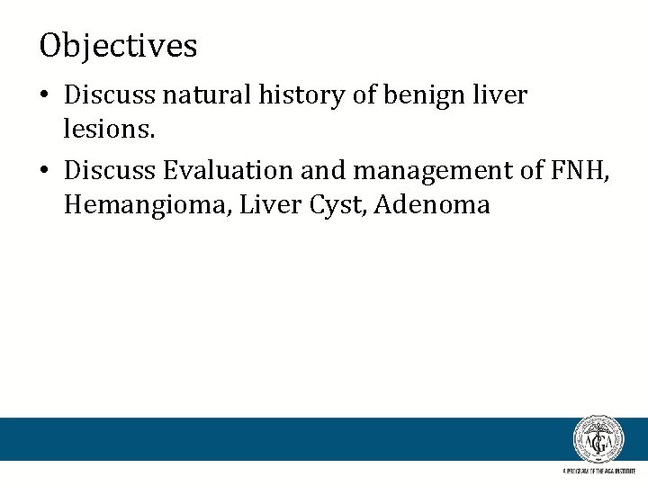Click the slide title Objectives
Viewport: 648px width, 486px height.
point(118,45)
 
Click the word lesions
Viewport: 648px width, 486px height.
point(110,130)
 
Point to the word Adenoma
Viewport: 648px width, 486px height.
point(432,205)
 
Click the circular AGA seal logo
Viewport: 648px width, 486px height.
point(598,440)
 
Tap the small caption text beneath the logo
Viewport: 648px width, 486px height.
point(598,471)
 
